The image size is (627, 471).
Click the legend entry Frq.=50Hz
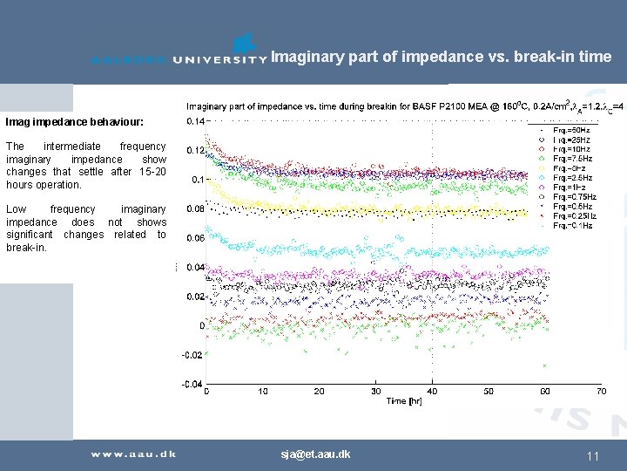point(572,129)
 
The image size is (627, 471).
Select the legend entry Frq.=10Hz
point(572,148)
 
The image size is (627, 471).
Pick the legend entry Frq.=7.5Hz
point(573,158)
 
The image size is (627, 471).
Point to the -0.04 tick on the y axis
point(192,385)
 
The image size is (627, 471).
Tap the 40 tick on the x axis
point(432,392)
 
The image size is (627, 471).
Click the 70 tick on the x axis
point(601,392)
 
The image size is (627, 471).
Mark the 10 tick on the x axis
point(263,392)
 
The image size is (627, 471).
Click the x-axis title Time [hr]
point(404,400)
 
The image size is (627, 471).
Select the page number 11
point(593,455)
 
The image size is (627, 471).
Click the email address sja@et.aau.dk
point(315,454)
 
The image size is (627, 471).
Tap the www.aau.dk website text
point(134,454)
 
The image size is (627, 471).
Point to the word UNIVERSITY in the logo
point(219,60)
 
